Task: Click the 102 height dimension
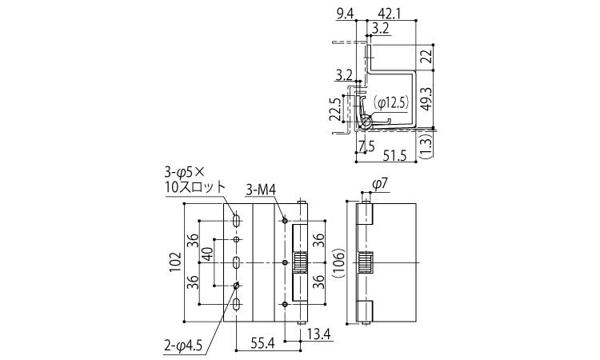point(175,262)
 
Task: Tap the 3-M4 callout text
point(261,190)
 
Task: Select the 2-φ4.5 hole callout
point(183,346)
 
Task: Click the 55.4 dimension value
point(263,343)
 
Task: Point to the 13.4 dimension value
point(318,334)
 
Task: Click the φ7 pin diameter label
point(380,184)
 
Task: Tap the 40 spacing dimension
point(207,254)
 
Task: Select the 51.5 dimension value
point(394,156)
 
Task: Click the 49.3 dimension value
point(426,99)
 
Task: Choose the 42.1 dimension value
point(389,14)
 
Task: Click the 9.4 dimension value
point(345,14)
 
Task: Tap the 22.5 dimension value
point(335,109)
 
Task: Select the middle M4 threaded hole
point(285,262)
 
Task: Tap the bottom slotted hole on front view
point(237,305)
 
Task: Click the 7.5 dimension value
point(367,146)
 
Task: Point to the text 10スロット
point(194,186)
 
